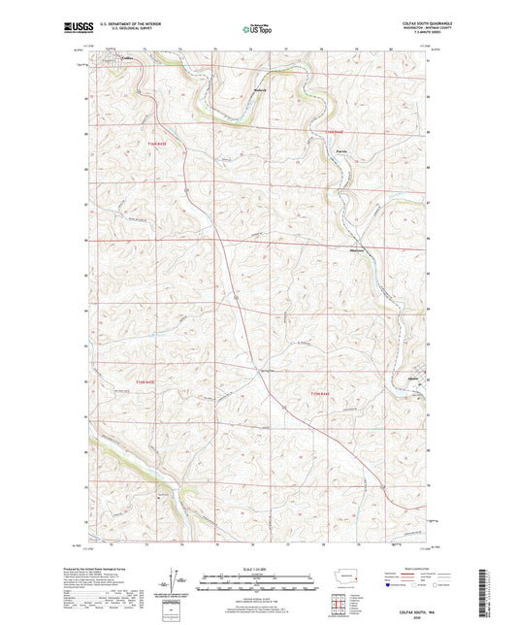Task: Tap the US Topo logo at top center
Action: coord(257,30)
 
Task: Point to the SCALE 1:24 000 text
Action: coord(257,568)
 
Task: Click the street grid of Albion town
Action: coord(418,388)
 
